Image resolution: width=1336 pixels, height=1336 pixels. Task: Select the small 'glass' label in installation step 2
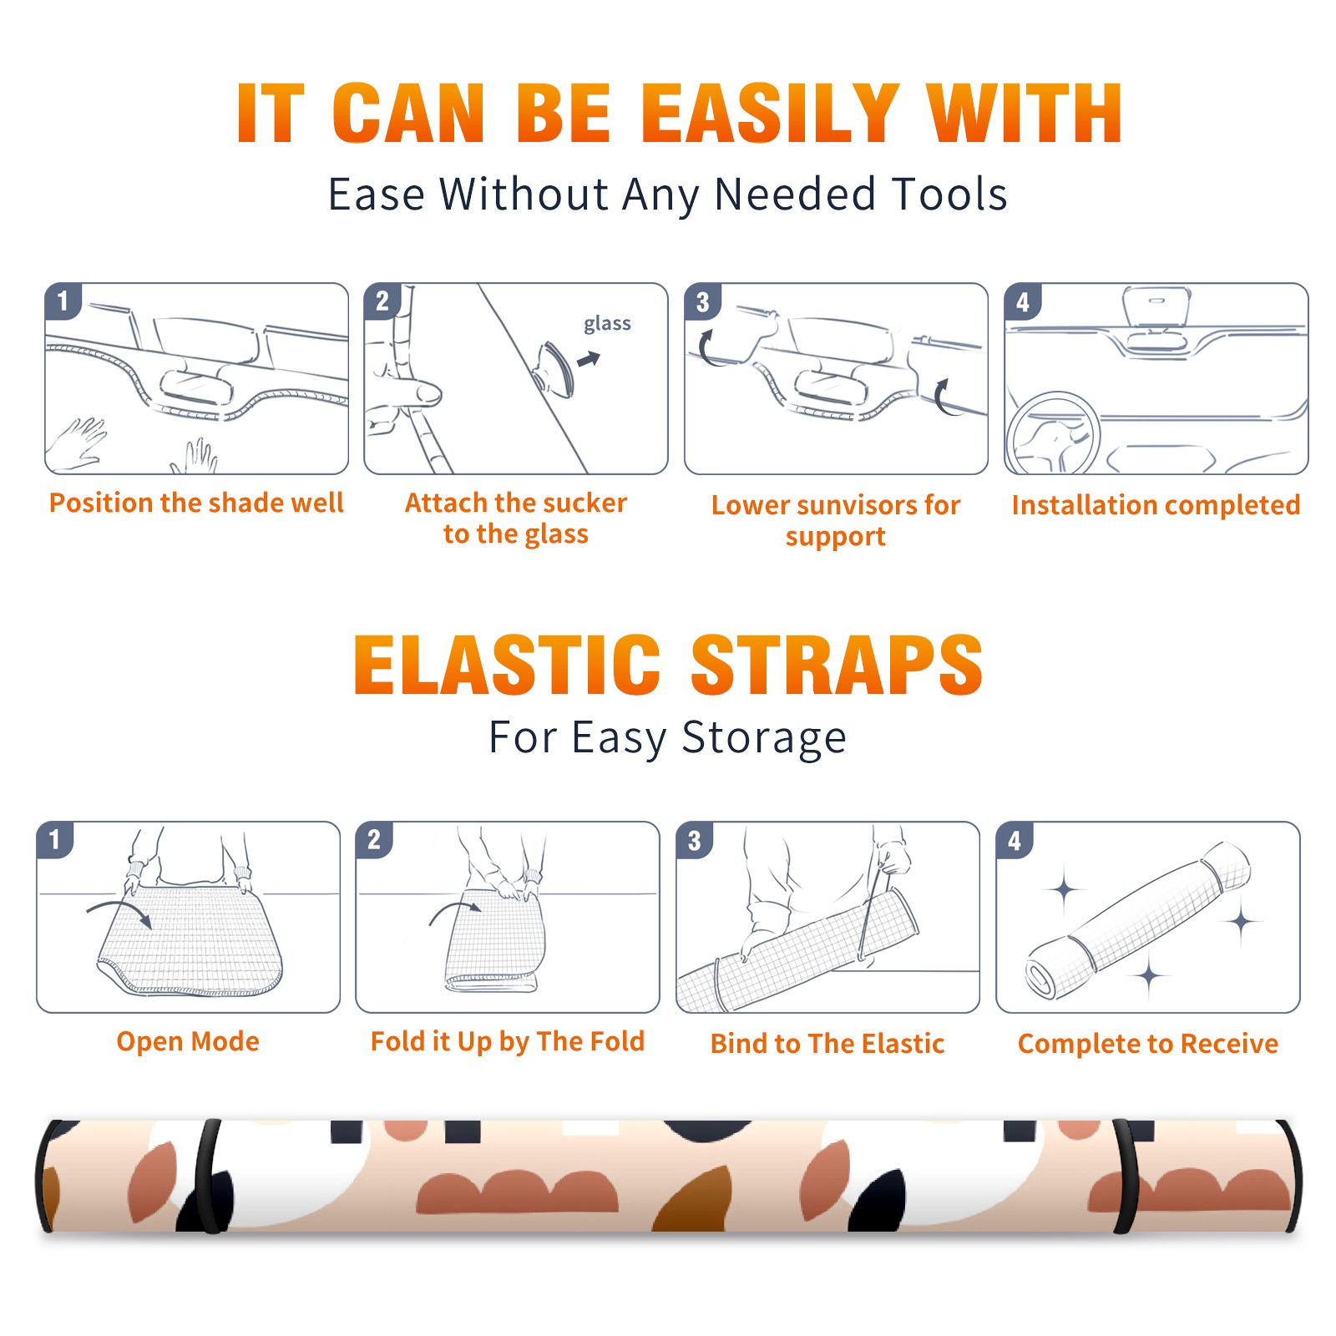click(x=607, y=324)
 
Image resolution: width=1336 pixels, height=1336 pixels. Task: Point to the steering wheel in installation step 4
click(x=1053, y=433)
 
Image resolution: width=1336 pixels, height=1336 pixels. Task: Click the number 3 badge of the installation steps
click(x=702, y=301)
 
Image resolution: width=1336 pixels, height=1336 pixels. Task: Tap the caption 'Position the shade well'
click(x=196, y=503)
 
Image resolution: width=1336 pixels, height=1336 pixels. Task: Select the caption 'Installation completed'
click(x=1156, y=504)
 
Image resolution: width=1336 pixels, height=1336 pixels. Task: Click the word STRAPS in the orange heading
click(x=837, y=665)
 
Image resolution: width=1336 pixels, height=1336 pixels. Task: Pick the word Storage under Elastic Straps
click(x=764, y=738)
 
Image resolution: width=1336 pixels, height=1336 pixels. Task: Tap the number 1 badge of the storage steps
click(x=54, y=839)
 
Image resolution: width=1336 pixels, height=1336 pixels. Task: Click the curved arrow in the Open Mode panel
click(x=121, y=912)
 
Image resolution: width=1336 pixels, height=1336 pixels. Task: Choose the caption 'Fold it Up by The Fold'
click(x=508, y=1041)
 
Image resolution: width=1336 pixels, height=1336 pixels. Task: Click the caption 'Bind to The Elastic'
click(x=827, y=1044)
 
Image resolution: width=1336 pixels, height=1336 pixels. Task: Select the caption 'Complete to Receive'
click(x=1148, y=1044)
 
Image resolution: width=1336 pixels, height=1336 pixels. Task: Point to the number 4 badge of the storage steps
click(x=1014, y=839)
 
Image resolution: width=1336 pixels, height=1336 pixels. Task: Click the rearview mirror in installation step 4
click(x=1156, y=306)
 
